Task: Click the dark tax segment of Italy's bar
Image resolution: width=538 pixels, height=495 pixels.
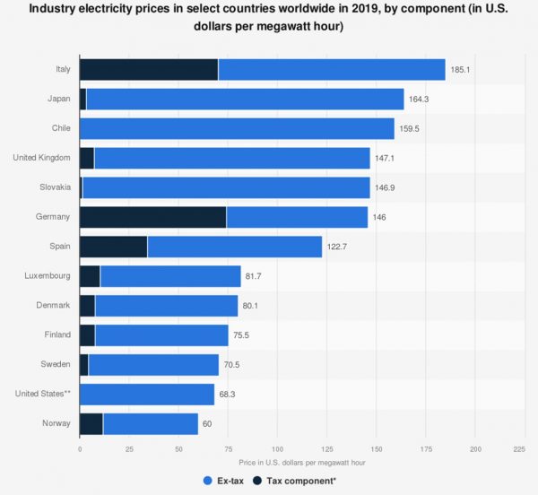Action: [149, 70]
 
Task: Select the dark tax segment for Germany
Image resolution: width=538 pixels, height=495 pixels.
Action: [152, 217]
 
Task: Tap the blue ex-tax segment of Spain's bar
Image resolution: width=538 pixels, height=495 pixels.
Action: [234, 247]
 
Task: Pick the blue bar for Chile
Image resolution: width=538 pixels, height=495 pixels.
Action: [237, 128]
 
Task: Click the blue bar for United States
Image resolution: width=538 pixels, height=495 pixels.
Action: [147, 394]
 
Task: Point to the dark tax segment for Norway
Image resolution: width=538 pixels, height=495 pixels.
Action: [91, 423]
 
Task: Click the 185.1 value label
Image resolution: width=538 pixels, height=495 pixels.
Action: [462, 70]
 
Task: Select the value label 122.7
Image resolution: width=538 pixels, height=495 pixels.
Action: [339, 247]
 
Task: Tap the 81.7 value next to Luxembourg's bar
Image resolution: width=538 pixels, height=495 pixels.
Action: [255, 276]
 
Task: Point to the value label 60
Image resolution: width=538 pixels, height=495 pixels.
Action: [207, 423]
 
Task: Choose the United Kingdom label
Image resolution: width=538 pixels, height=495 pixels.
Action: [42, 158]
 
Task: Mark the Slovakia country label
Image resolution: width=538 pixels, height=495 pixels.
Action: [54, 187]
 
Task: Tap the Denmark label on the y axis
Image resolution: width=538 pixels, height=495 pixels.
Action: [53, 305]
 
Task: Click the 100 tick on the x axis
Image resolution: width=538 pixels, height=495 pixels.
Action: [277, 448]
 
